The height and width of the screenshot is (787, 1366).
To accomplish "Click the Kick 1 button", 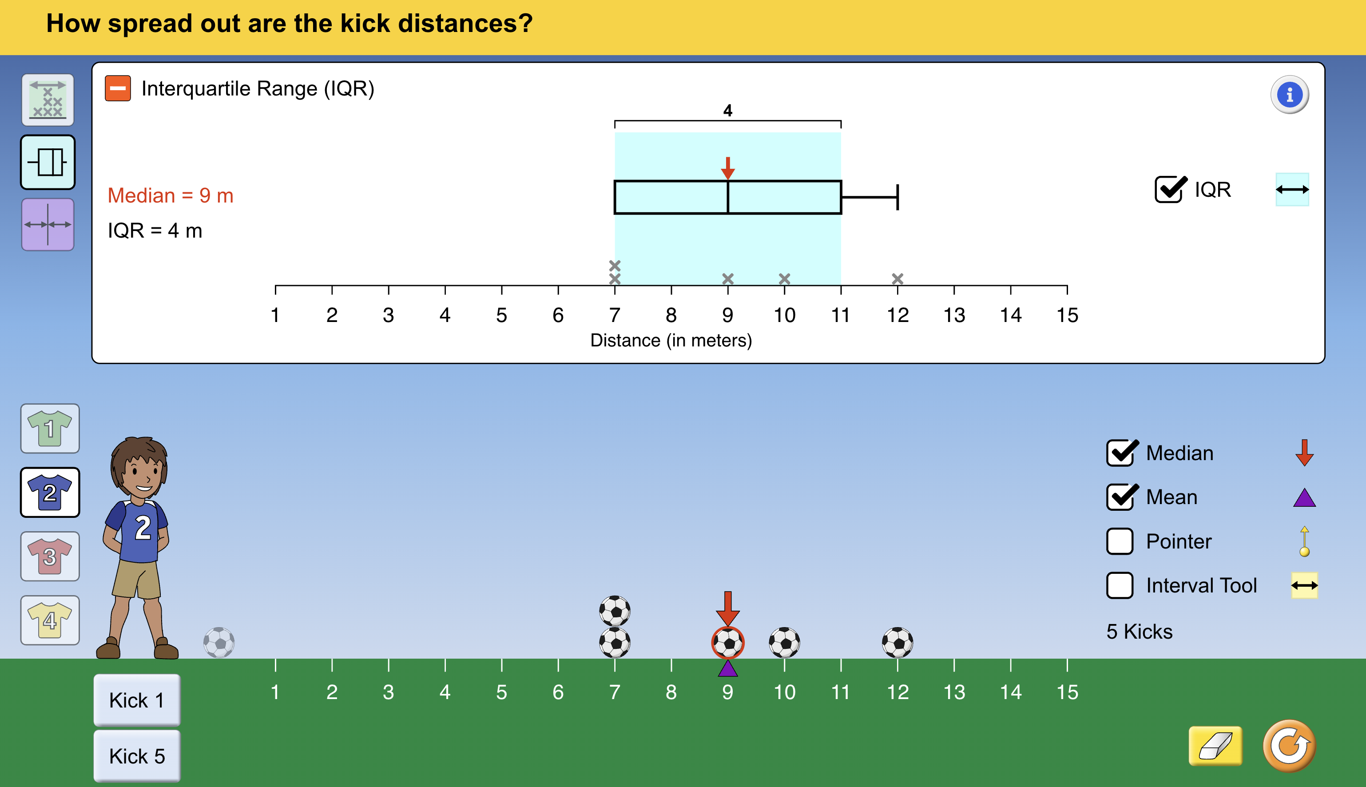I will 137,700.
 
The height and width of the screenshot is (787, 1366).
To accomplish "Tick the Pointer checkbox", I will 1119,541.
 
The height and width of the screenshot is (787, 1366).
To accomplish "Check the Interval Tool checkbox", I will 1119,585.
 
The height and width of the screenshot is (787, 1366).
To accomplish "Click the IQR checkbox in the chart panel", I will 1169,190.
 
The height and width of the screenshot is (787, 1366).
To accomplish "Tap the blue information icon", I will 1289,95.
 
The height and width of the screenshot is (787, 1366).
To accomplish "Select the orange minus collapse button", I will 118,88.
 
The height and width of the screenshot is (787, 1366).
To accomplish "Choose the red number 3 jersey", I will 50,556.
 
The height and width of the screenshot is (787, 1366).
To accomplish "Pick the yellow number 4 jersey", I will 50,620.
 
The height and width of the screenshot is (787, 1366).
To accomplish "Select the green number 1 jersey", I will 50,429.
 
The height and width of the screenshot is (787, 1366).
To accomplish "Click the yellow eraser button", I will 1215,746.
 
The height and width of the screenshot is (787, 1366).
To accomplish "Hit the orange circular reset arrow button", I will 1289,746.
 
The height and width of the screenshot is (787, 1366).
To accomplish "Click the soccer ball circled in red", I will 727,643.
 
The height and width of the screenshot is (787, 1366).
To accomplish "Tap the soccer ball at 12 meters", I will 897,643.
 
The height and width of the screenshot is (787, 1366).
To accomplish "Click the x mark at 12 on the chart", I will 897,279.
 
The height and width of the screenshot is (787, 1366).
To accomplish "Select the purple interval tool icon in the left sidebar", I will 48,224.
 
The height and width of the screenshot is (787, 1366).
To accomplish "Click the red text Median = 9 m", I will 170,196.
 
